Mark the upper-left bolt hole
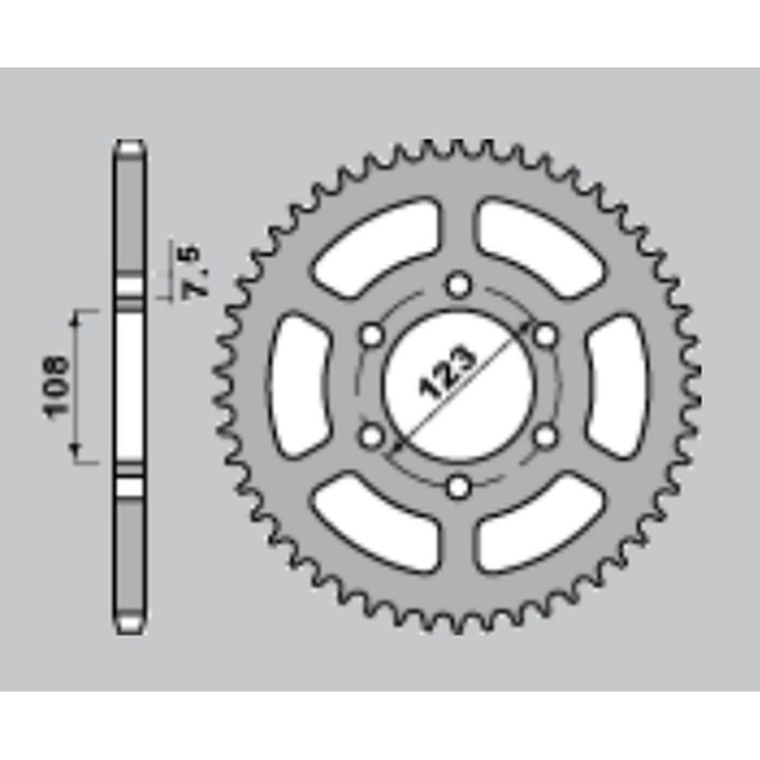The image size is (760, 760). coord(371,334)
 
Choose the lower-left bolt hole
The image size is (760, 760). coord(371,436)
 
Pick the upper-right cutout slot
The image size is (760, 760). coord(538,247)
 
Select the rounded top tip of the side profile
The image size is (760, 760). coord(130,147)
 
